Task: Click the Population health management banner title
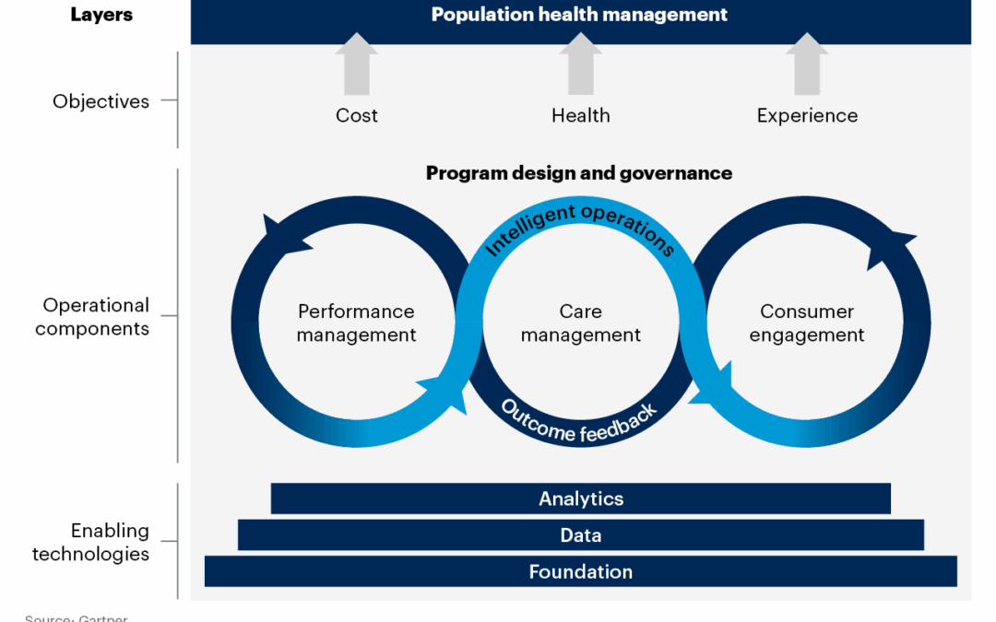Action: [580, 15]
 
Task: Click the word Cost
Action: [357, 115]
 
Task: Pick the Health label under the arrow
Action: [580, 115]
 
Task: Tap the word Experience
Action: [807, 115]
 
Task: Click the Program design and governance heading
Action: [579, 173]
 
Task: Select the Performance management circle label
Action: [356, 323]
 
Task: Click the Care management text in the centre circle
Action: [580, 323]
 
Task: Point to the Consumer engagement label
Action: [807, 323]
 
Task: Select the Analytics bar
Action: [581, 499]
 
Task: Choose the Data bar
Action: [581, 535]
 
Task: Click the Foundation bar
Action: [581, 571]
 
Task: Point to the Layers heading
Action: [101, 16]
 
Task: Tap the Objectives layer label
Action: [101, 101]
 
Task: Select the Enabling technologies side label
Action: [91, 542]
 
